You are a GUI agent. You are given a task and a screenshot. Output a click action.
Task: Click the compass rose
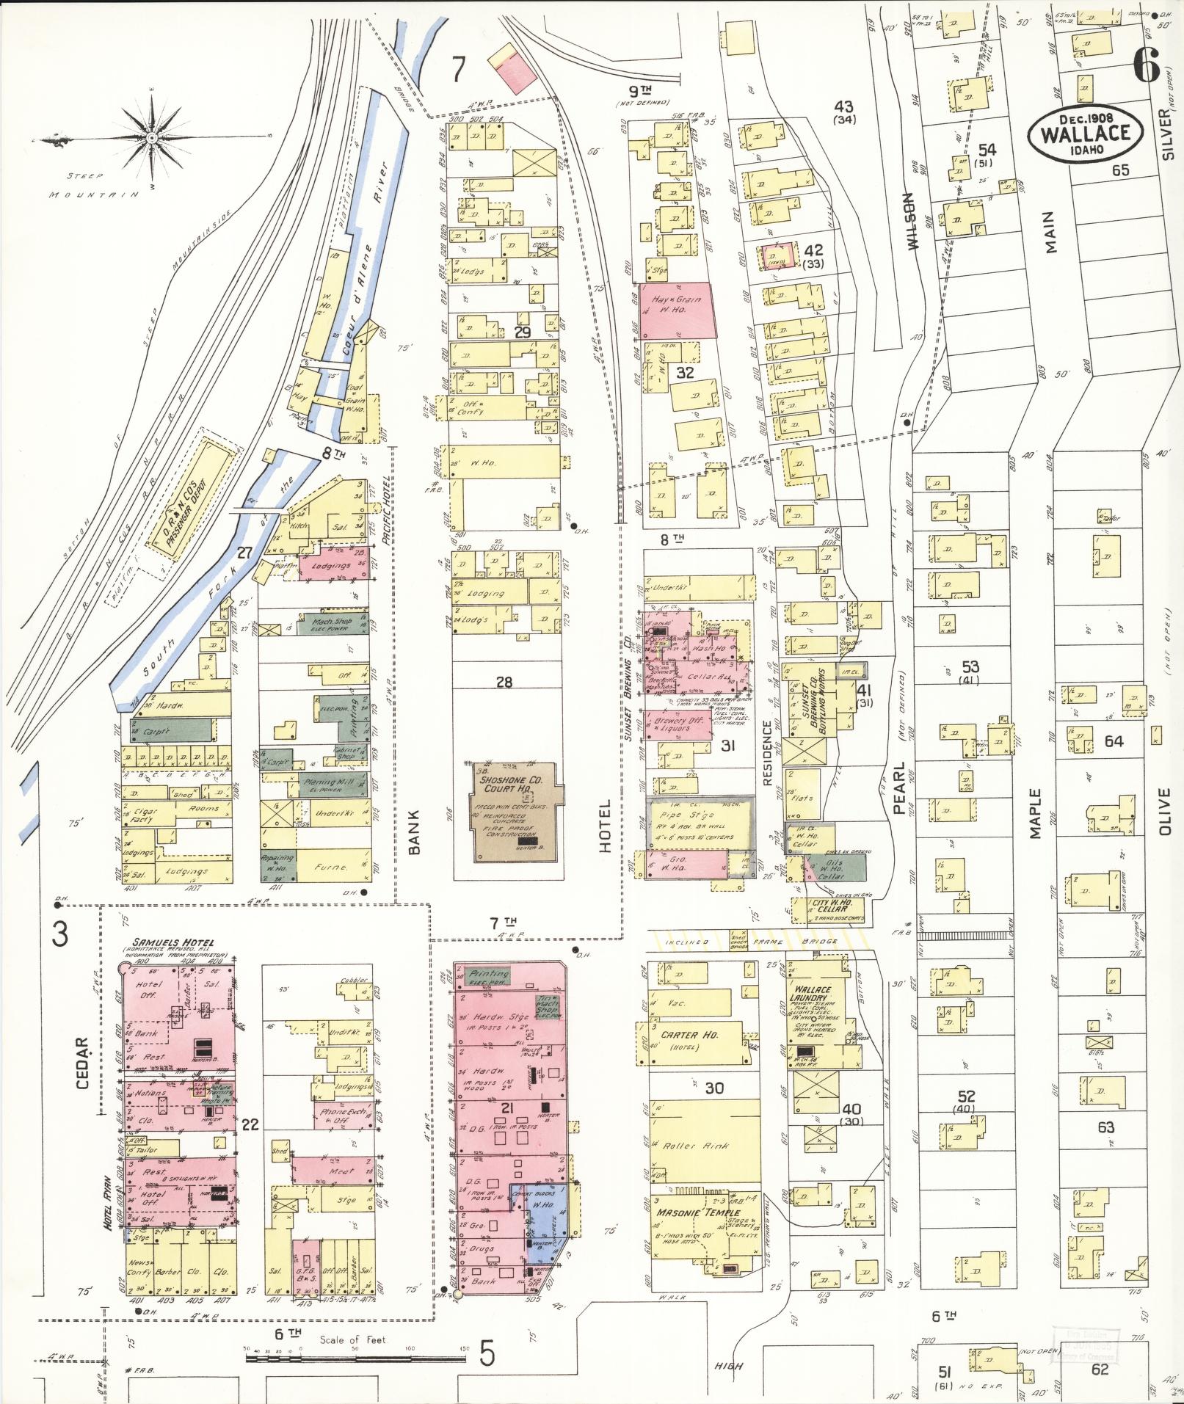click(x=151, y=138)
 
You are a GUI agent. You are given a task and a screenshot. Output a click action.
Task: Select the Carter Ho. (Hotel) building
click(x=697, y=1041)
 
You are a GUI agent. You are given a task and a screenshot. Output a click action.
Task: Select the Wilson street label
click(x=912, y=222)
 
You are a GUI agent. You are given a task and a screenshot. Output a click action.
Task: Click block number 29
click(x=522, y=332)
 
